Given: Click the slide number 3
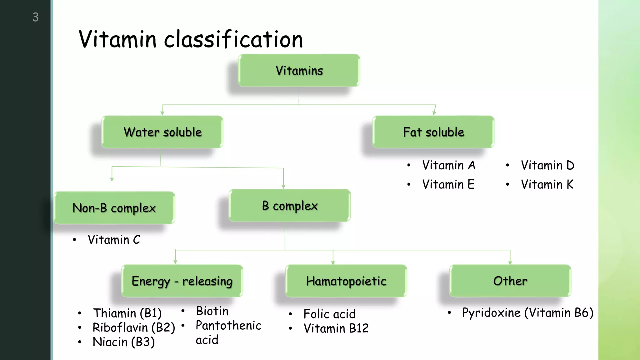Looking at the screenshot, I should [36, 17].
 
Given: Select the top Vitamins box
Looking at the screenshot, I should [299, 71].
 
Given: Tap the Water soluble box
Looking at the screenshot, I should [162, 132].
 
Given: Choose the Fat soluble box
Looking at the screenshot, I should [433, 132].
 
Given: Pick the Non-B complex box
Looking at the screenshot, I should [114, 208].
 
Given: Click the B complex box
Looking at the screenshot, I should [290, 206].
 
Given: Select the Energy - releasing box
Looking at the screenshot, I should [182, 281].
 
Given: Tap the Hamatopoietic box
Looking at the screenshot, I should [346, 281].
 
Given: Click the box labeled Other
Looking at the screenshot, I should [510, 281].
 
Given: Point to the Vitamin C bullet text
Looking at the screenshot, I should [114, 240].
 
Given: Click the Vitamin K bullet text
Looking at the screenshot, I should [547, 184].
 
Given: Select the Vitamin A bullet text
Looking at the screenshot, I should [448, 165].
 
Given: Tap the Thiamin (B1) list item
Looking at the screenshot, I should [127, 313].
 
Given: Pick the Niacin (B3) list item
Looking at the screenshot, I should [124, 342].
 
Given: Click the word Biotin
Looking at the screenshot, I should [212, 311].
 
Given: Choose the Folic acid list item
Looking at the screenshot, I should [329, 314].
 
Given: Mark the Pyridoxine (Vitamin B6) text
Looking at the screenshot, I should [527, 313].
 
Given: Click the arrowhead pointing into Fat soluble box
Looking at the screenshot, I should [434, 113].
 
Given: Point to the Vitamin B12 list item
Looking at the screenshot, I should [336, 328].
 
